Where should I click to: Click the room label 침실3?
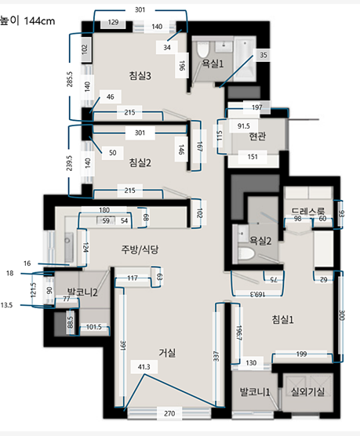coord(140,75)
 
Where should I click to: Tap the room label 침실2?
coord(140,162)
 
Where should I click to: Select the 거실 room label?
coord(167,353)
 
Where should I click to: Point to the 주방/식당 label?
coord(140,249)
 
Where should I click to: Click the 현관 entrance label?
coord(257,136)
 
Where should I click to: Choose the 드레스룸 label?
coord(308,211)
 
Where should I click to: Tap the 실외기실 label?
coord(307,392)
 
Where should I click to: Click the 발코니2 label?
coord(82,292)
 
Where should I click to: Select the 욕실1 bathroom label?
coord(213,64)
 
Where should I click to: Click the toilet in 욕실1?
coord(202,49)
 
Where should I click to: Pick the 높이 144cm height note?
coord(27,21)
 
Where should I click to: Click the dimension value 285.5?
coord(70,79)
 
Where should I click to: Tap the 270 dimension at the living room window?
coord(169,413)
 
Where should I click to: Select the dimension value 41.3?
coord(144,367)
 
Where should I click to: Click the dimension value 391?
coord(123,346)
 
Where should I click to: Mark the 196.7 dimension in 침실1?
coord(239,332)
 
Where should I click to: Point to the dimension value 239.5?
coord(70,163)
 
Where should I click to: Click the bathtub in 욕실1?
coord(245,59)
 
